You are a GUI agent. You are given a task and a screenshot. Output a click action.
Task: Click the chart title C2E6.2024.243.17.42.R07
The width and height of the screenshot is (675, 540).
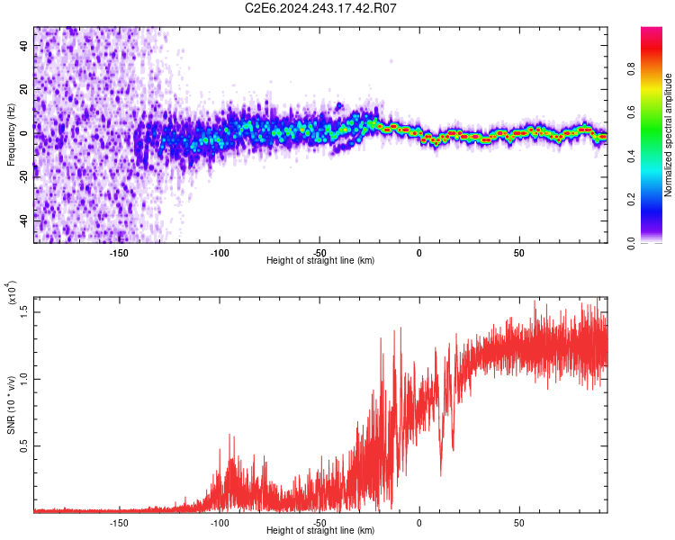320,8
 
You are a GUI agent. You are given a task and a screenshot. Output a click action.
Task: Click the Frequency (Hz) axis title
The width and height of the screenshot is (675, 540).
12,135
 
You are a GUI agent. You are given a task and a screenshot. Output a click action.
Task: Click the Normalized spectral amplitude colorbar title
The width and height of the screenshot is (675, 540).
668,135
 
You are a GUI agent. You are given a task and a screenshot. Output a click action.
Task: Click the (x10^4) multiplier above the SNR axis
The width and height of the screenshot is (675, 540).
13,294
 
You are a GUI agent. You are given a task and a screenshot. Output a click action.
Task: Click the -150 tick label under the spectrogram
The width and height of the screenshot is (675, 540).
119,252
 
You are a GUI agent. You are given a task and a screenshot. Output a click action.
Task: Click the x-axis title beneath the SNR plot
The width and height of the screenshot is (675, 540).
320,531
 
